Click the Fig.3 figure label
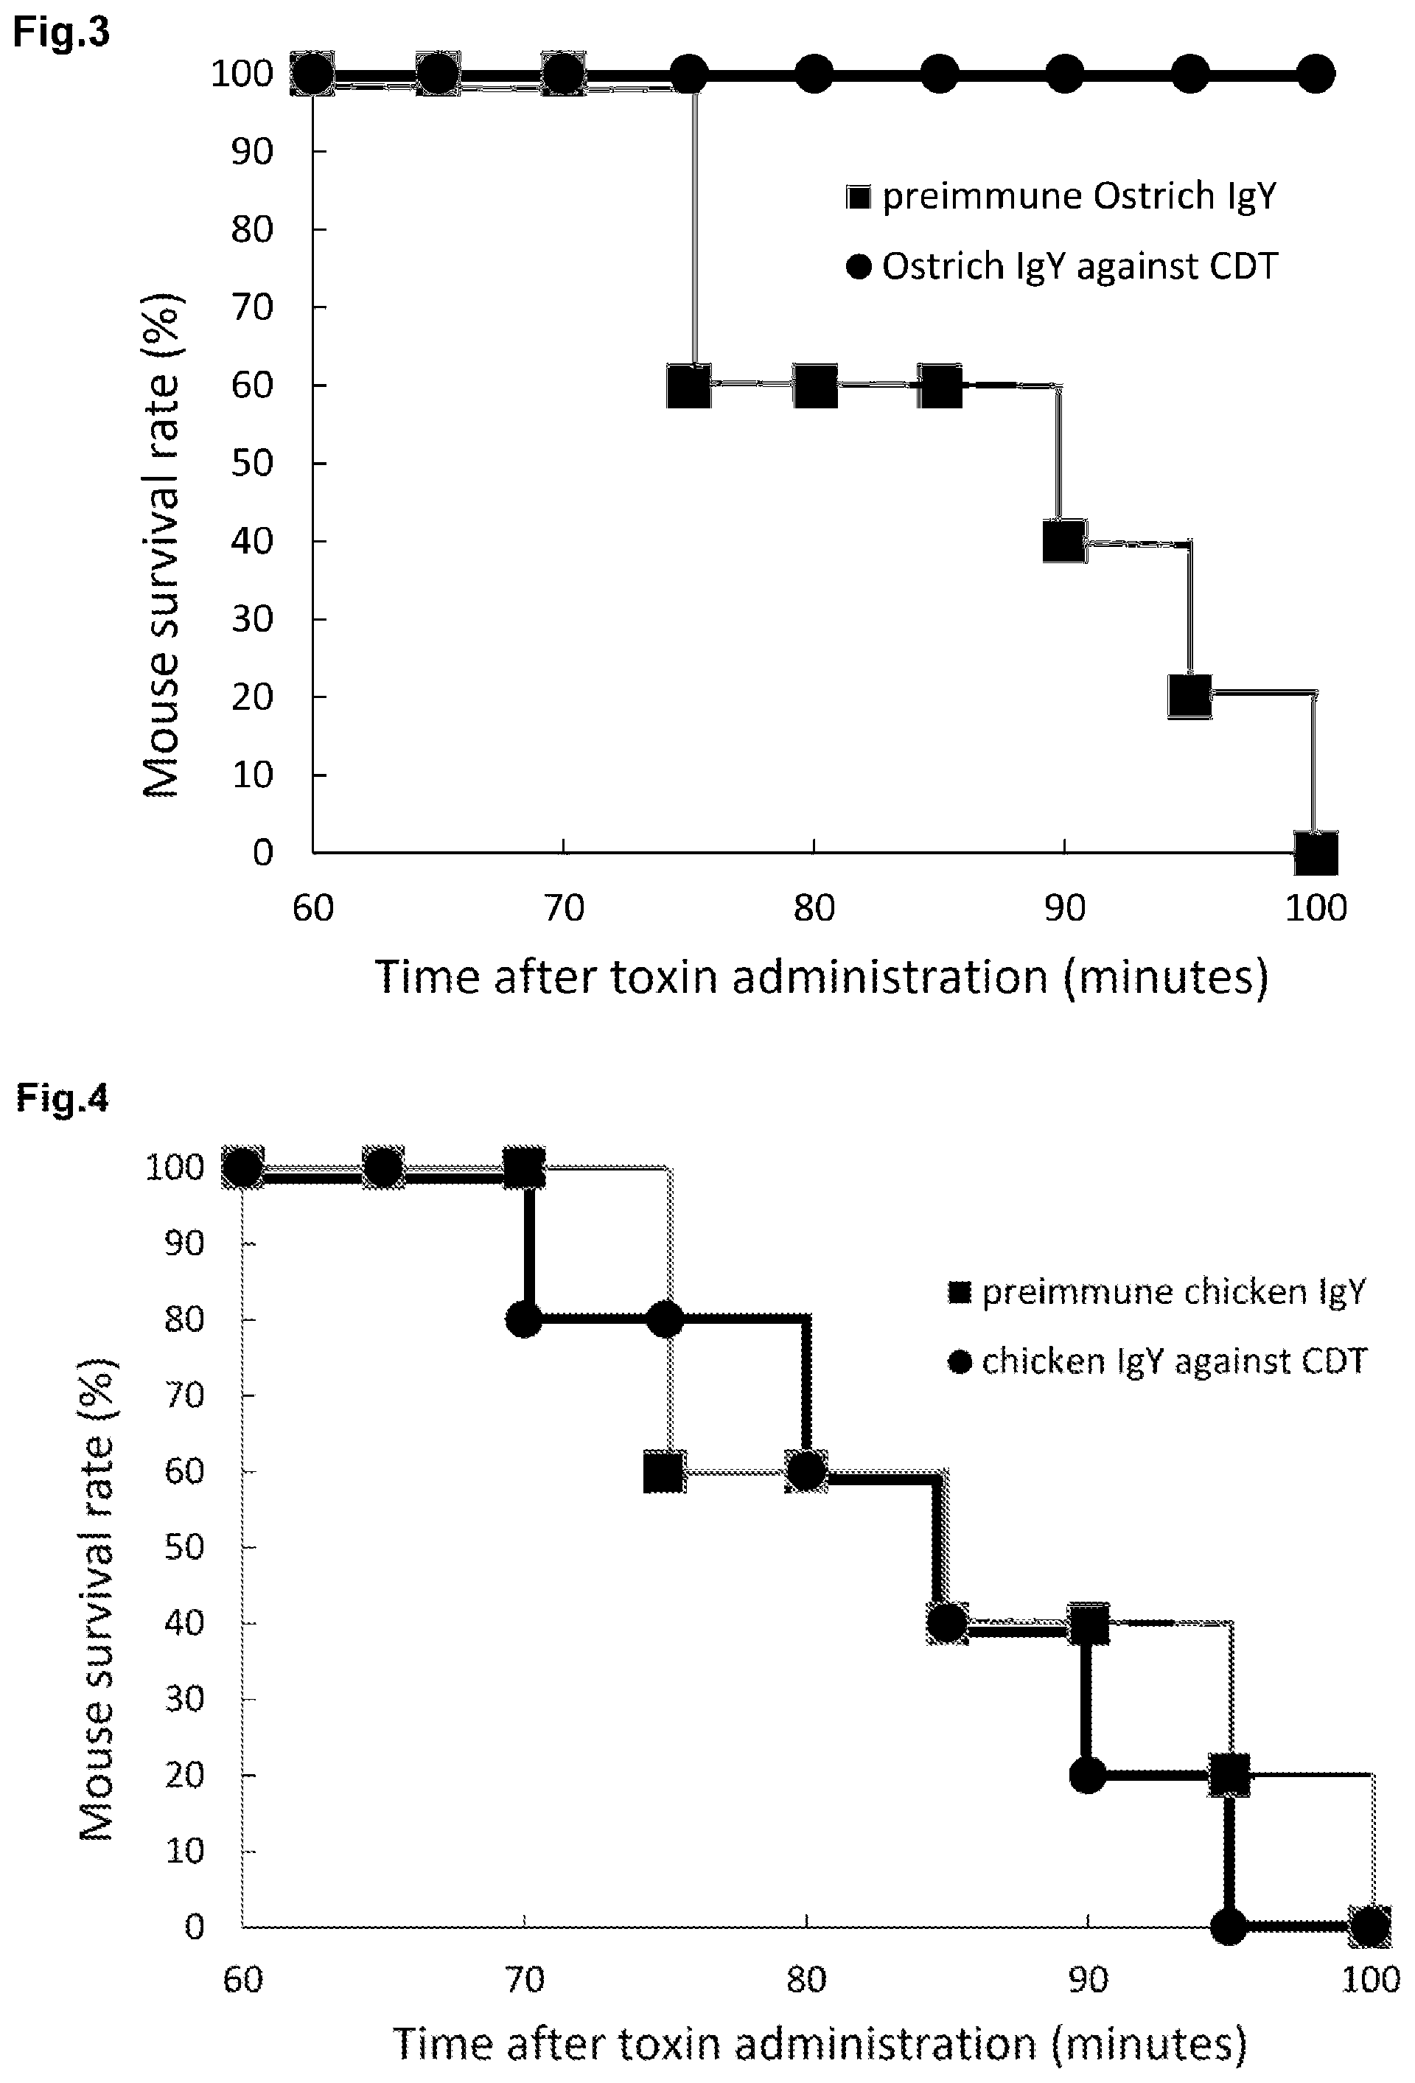click(62, 32)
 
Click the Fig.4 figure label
click(62, 1099)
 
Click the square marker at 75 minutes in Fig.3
click(689, 386)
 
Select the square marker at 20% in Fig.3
click(1190, 697)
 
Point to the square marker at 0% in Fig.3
click(1316, 852)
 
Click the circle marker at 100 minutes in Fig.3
click(1316, 74)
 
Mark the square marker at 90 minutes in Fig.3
click(1065, 541)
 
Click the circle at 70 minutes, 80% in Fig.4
click(524, 1319)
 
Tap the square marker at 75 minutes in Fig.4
click(665, 1472)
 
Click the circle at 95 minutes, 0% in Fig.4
click(1229, 1926)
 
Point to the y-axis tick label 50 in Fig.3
click(254, 464)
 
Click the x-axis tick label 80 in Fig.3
click(814, 909)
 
